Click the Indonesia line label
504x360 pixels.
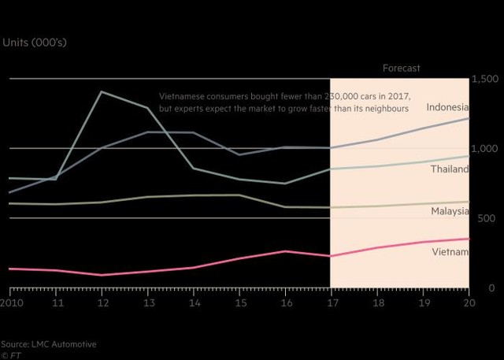pyautogui.click(x=447, y=107)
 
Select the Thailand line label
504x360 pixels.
pyautogui.click(x=450, y=169)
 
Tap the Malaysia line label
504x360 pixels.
pyautogui.click(x=450, y=211)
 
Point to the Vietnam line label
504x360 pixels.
pyautogui.click(x=450, y=252)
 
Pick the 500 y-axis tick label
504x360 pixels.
pyautogui.click(x=487, y=218)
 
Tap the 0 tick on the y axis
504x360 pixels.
pyautogui.click(x=491, y=288)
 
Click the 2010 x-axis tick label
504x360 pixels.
pyautogui.click(x=11, y=302)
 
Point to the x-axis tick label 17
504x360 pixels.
pyautogui.click(x=330, y=302)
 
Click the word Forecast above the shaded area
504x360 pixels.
pyautogui.click(x=401, y=69)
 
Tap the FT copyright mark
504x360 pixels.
pyautogui.click(x=9, y=355)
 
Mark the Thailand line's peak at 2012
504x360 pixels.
pyautogui.click(x=102, y=92)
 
